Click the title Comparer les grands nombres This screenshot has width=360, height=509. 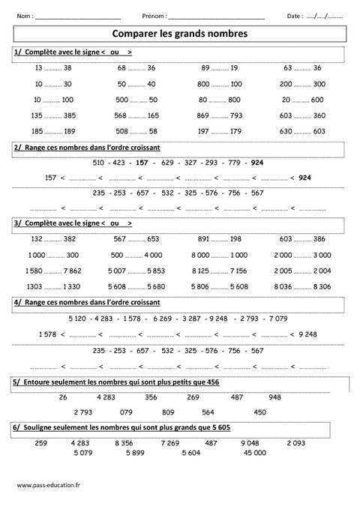179,34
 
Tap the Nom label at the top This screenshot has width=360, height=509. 24,16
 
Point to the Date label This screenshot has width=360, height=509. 295,16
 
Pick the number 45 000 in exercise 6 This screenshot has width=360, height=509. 254,453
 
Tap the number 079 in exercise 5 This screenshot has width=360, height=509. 126,412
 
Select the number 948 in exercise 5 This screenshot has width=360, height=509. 274,397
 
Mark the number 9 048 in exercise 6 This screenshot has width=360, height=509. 250,442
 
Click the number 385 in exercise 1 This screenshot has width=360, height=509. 70,115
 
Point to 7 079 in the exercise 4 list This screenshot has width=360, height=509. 277,318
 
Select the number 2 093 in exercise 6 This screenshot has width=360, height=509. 295,442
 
